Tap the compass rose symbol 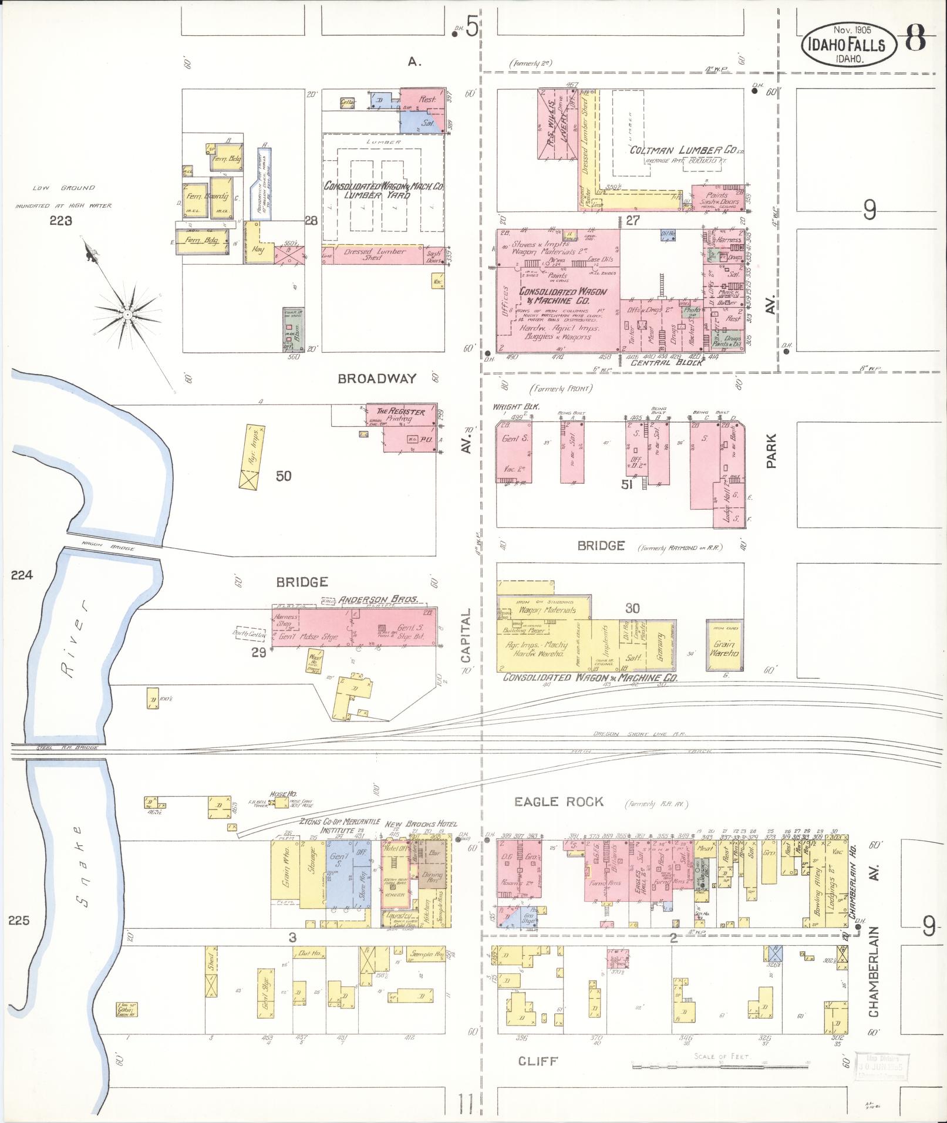point(126,315)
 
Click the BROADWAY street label point(377,379)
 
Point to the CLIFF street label point(538,1061)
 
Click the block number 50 point(283,475)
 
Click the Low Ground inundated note point(63,197)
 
